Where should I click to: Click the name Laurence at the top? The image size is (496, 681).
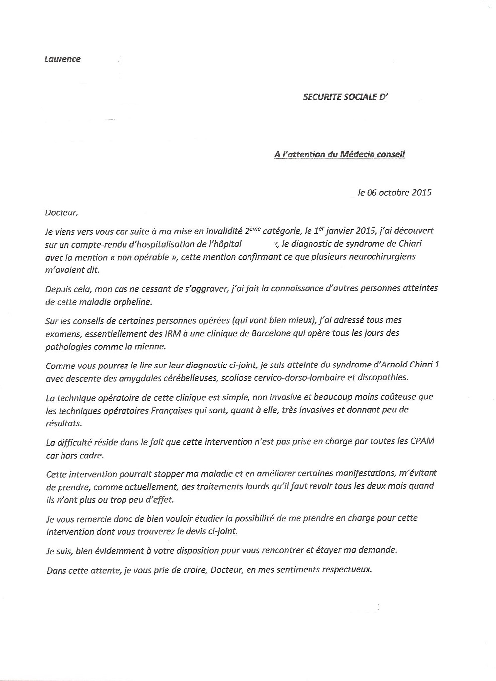[x=62, y=59]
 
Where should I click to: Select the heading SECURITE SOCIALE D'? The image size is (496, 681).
[x=345, y=97]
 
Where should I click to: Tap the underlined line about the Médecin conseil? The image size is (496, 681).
[x=339, y=154]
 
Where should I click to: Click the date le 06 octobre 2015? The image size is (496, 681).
[x=394, y=192]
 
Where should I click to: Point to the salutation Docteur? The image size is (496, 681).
[x=62, y=213]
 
